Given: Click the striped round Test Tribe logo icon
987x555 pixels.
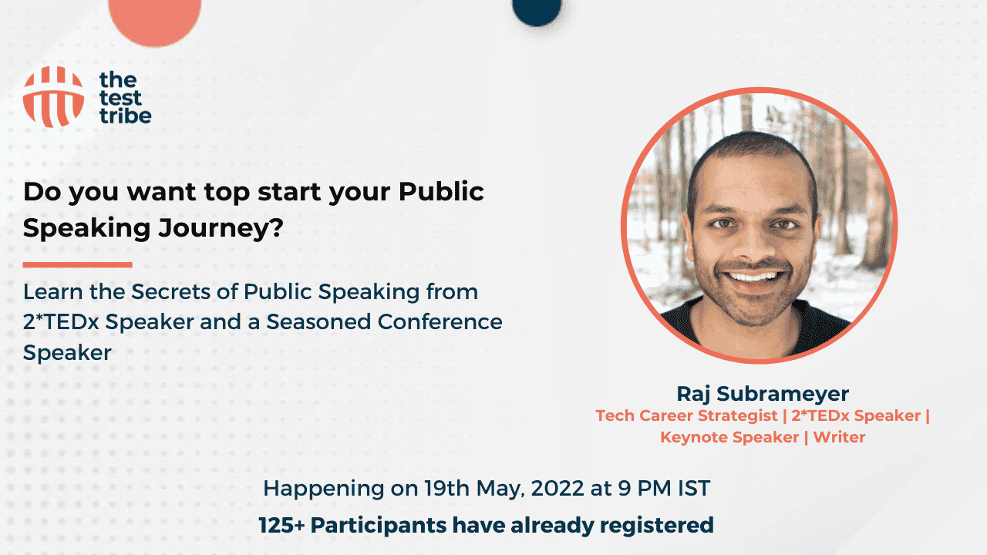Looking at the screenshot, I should [x=53, y=96].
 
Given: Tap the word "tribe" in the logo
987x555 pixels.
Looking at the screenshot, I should [x=125, y=116].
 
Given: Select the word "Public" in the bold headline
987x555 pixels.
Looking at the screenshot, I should [x=441, y=191].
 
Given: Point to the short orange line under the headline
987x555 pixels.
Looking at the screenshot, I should [x=77, y=264].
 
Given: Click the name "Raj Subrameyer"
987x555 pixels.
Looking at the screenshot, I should [x=762, y=394].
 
